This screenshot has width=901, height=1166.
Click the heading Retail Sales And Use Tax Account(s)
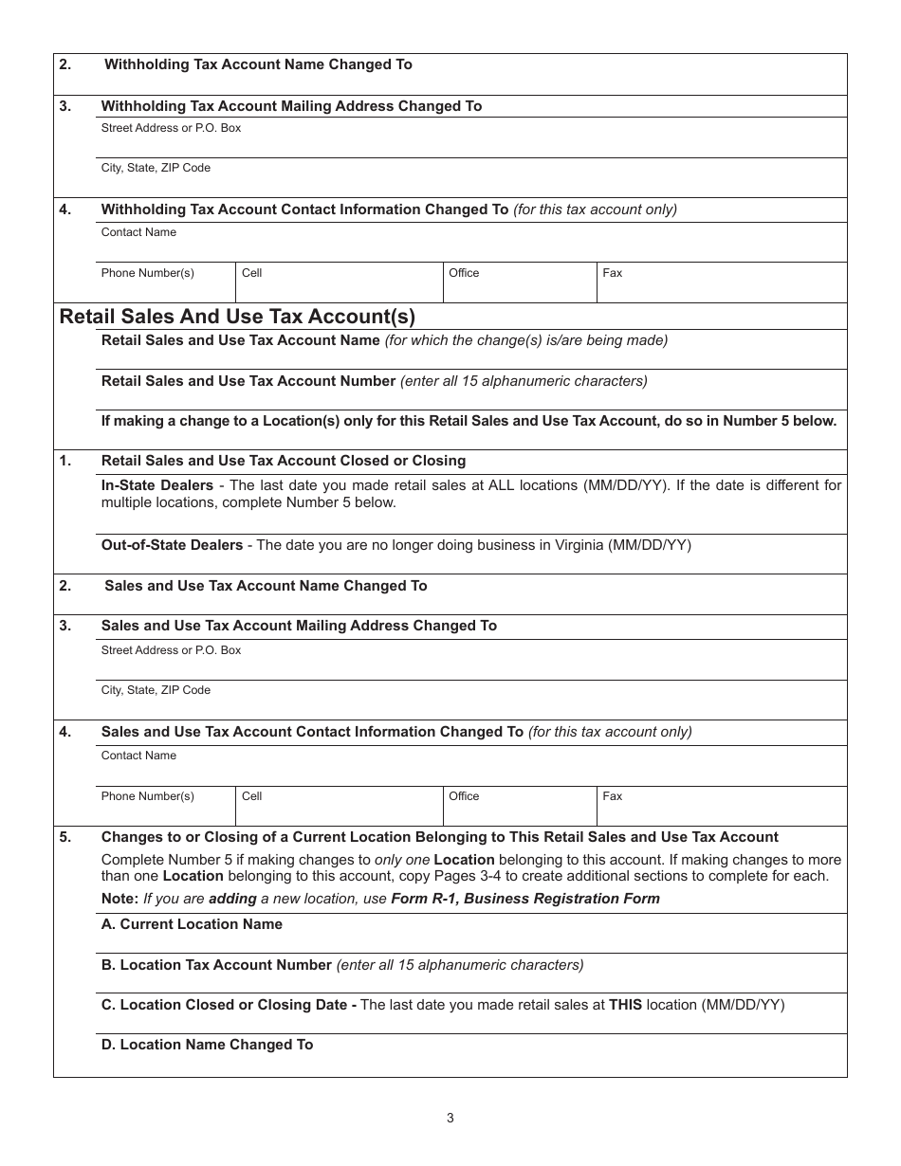(237, 317)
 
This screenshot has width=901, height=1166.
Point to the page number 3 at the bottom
(450, 1118)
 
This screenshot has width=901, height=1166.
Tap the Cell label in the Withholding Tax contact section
(251, 273)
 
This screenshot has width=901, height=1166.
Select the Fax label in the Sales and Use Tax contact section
(613, 796)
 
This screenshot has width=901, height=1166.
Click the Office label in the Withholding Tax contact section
(464, 273)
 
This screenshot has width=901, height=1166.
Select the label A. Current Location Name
(192, 924)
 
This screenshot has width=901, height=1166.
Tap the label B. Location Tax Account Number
(216, 965)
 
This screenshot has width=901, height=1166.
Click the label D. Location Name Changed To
(207, 1045)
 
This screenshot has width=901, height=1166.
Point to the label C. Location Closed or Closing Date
(229, 1005)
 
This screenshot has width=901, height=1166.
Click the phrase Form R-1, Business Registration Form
(524, 899)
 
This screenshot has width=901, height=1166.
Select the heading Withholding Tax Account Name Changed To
(258, 64)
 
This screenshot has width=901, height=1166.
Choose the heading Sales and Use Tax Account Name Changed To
(266, 586)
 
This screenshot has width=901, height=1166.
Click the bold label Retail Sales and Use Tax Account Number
(248, 381)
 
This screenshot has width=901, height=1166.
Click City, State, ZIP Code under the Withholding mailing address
(156, 168)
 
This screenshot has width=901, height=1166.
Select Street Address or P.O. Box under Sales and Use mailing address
(171, 650)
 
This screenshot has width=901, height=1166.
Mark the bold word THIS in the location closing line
(625, 1005)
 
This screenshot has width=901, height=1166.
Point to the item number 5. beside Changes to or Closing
(64, 837)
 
